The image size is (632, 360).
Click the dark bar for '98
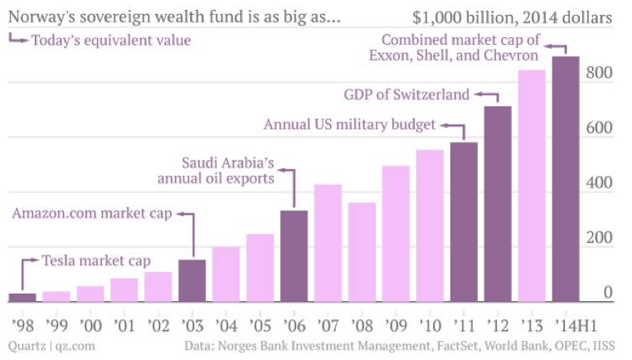(x=22, y=298)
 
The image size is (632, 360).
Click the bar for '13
(x=532, y=186)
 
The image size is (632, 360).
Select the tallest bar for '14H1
(x=566, y=179)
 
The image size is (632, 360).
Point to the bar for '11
(x=464, y=221)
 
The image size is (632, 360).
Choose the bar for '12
(x=498, y=204)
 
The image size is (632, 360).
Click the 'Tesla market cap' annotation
(x=96, y=261)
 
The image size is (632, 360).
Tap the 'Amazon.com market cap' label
(x=92, y=214)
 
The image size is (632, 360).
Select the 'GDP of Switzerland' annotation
(x=406, y=95)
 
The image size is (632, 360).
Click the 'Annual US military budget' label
(x=349, y=125)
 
